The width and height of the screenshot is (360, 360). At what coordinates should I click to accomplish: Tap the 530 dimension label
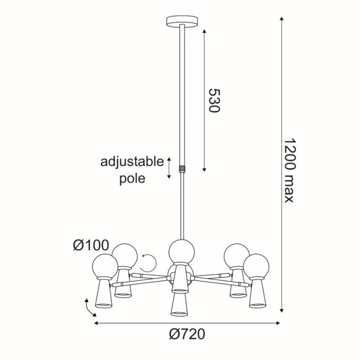point(214,100)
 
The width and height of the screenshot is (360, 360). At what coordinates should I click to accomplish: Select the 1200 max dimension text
point(290,170)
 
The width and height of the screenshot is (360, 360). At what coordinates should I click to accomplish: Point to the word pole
point(132,178)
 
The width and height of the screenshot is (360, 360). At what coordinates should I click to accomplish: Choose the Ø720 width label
point(187,334)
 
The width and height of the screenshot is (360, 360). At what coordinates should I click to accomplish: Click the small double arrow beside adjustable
point(169,169)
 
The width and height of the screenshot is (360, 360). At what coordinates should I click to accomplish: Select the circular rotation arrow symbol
point(149,264)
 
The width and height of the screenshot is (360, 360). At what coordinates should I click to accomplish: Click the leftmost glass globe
point(105,266)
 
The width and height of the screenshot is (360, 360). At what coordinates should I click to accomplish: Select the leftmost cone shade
point(103,296)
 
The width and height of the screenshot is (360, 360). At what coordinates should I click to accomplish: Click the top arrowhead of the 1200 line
point(282,20)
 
